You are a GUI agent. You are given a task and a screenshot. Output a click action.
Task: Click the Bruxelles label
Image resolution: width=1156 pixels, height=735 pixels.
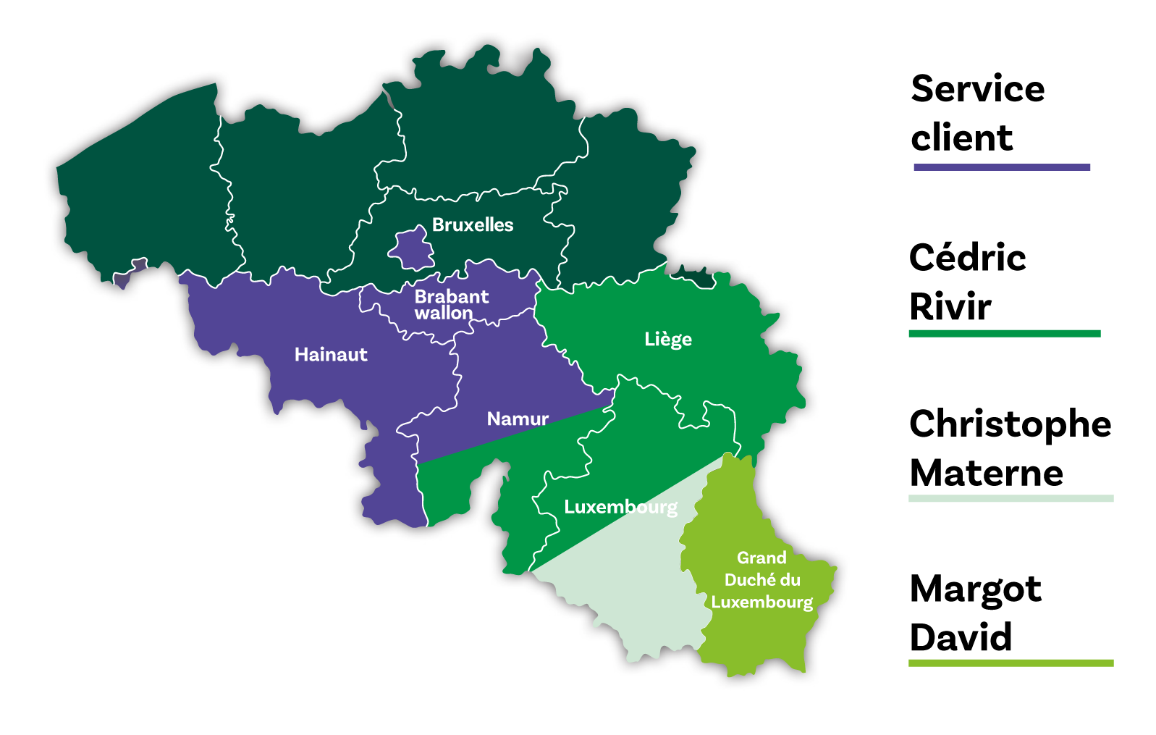472,225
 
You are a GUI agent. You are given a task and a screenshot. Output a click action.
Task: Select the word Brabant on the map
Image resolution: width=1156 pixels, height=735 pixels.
451,297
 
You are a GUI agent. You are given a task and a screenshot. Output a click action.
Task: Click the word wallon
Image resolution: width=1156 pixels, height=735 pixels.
443,314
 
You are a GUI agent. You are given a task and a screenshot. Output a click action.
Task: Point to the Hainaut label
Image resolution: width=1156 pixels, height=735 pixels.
331,355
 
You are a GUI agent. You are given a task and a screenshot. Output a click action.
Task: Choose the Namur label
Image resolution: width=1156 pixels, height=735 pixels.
518,419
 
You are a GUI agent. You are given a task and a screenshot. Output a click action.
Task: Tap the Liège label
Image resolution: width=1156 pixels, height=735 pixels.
667,340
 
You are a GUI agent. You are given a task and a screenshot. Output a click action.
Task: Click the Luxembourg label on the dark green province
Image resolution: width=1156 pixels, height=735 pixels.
620,507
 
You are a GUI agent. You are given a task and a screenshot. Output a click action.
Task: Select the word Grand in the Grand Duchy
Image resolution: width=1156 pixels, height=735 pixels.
761,558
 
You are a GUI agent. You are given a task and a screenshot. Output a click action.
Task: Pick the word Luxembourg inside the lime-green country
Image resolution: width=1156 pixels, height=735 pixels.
761,602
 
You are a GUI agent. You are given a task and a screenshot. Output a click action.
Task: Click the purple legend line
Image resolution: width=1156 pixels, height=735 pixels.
1002,167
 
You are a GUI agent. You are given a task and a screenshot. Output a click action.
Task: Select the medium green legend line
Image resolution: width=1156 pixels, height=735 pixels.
1004,333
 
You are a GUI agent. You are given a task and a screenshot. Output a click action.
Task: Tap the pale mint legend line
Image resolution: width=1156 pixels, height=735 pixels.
1011,498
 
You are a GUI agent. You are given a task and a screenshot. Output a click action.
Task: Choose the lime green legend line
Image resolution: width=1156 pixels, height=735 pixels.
1011,663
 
